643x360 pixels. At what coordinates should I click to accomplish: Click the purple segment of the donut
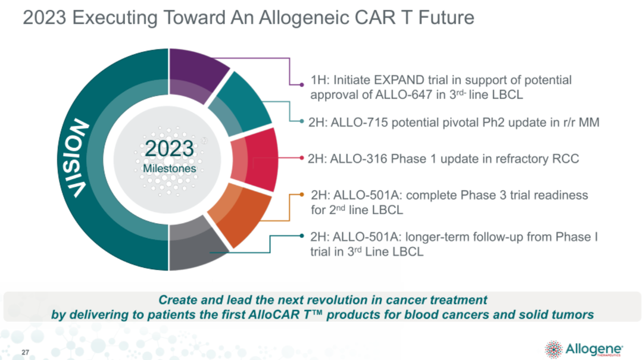[196, 74]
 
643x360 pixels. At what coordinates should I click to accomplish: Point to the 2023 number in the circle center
[169, 148]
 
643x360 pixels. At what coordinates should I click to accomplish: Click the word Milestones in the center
[169, 168]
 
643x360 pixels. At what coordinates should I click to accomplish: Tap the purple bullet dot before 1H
[302, 85]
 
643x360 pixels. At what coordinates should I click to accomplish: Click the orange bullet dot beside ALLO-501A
[302, 195]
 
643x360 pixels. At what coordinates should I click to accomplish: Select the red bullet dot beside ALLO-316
[302, 158]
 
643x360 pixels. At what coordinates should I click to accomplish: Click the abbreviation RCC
[566, 159]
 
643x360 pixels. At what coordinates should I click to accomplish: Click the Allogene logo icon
[554, 349]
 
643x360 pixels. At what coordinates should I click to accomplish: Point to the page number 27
[26, 352]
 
